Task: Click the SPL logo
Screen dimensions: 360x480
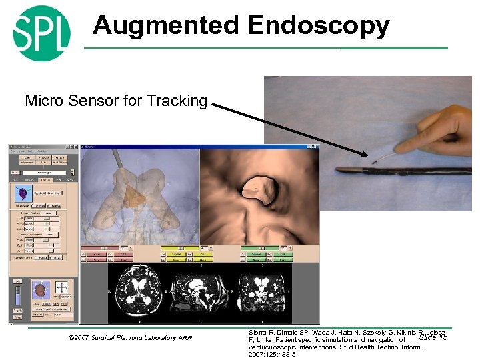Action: [x=41, y=32]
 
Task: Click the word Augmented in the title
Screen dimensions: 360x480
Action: [x=166, y=25]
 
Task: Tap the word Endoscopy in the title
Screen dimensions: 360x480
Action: [x=318, y=25]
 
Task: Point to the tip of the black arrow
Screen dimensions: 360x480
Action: [x=367, y=155]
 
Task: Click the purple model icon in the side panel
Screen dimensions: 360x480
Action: [x=25, y=193]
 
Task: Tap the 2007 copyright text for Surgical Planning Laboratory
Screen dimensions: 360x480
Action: [x=130, y=338]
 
